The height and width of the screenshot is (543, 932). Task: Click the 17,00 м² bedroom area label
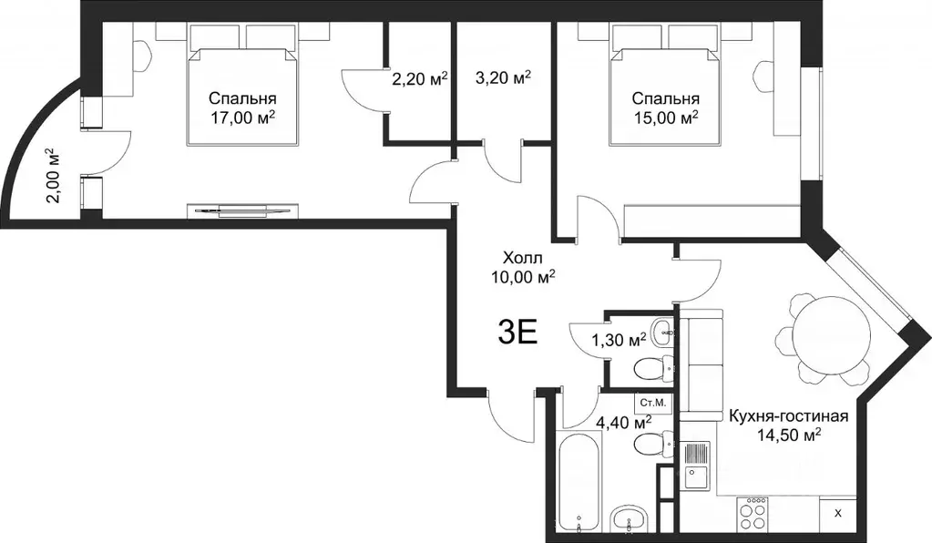click(242, 118)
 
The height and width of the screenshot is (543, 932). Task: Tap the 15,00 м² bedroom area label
click(665, 118)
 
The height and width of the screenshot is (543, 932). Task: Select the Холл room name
click(522, 259)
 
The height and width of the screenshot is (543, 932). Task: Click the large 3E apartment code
click(517, 333)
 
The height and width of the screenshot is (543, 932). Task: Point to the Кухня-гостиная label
click(788, 415)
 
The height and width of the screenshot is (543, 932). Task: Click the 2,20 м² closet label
click(420, 77)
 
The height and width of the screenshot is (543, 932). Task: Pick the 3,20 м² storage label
click(503, 77)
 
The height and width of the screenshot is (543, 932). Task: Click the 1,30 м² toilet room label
click(619, 340)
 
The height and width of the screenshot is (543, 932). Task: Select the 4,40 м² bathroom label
click(623, 423)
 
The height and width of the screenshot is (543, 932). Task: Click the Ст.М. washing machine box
click(653, 403)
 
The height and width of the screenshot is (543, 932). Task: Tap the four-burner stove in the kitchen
click(752, 515)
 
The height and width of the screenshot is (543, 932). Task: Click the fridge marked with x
click(838, 515)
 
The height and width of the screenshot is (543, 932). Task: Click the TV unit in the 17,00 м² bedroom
click(242, 210)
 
